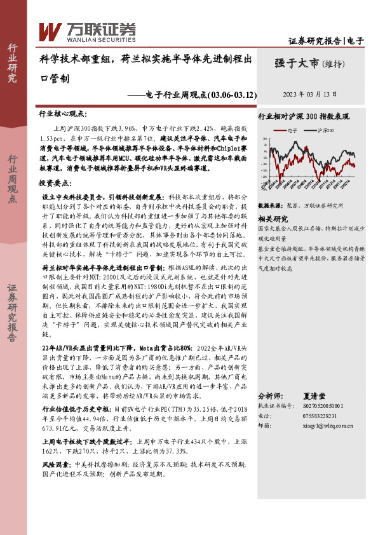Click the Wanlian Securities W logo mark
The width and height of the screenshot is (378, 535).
click(50, 30)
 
